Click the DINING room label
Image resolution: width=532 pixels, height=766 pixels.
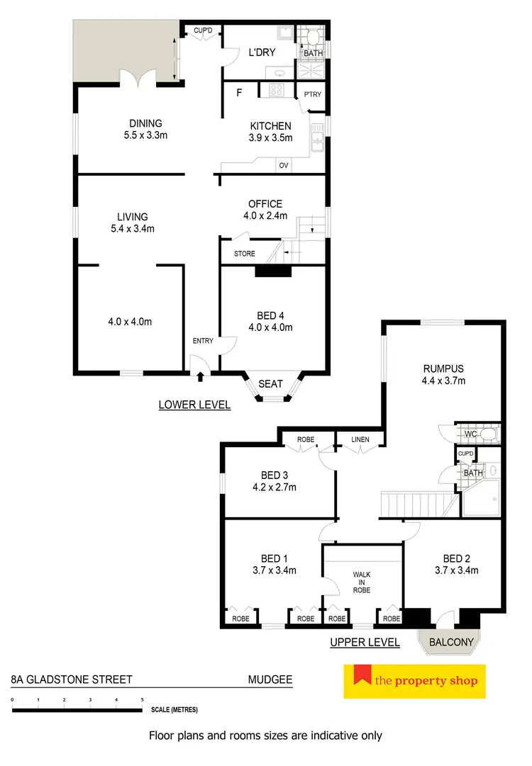(145, 123)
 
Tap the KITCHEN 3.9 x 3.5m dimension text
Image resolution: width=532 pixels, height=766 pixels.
(270, 138)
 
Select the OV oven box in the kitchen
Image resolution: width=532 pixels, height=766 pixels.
(284, 166)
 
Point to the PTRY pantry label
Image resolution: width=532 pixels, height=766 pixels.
(312, 94)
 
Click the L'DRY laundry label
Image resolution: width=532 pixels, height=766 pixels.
(261, 52)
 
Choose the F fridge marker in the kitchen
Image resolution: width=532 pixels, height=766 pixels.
(239, 92)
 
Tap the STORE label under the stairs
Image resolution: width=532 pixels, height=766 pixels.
(244, 254)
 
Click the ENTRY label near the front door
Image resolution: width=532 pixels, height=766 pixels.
(203, 342)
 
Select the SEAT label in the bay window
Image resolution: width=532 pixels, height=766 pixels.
(270, 384)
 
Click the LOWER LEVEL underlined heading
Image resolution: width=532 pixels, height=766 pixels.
(194, 405)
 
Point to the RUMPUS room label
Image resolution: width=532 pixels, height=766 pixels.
(443, 368)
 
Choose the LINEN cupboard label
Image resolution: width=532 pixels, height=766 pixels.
(360, 440)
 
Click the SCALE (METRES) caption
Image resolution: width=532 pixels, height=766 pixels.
(174, 709)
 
